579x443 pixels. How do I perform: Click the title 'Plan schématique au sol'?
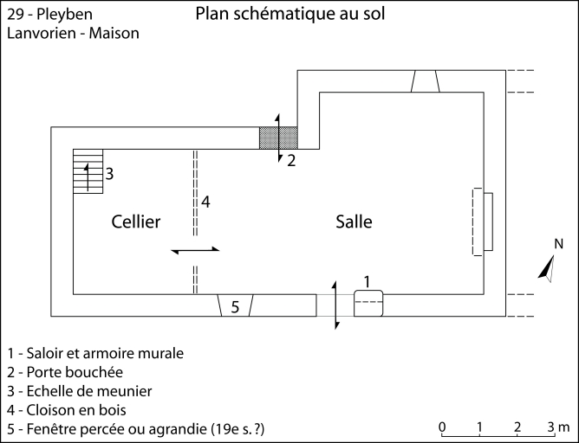tap(289, 15)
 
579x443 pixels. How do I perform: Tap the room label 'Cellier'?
tap(136, 222)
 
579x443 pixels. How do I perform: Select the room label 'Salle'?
tap(354, 222)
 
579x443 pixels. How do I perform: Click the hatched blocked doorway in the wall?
tap(278, 138)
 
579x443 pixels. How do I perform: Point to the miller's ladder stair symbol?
tap(88, 170)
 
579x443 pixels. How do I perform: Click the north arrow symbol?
tap(547, 269)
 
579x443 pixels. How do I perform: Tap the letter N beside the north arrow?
tap(559, 244)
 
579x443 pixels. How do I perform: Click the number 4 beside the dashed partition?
tap(205, 202)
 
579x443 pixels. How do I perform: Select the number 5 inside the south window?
tap(234, 307)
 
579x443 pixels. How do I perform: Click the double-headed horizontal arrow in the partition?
tap(196, 250)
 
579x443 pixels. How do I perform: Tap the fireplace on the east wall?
tap(483, 222)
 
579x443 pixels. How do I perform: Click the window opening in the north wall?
tap(425, 80)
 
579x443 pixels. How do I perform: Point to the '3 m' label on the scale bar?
tap(558, 427)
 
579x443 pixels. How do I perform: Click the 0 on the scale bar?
tap(442, 427)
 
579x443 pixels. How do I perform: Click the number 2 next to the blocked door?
tap(291, 160)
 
